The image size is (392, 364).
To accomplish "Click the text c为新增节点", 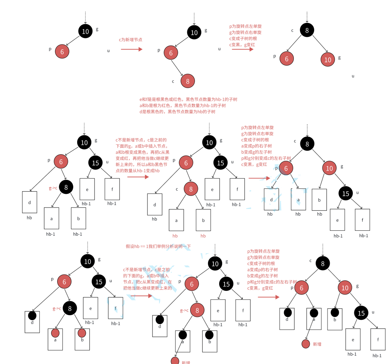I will pos(130,39).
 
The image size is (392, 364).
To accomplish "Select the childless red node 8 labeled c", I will pos(188,81).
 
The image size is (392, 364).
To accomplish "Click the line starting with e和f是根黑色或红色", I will pos(188,99).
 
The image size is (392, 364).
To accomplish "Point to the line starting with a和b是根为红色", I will pos(182,105).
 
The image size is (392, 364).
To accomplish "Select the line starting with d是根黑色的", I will pos(177,112).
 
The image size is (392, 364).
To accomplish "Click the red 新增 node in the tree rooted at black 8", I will pos(306,344).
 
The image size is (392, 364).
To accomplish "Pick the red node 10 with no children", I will pos(328,59).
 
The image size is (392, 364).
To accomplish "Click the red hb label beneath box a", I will pos(175,236).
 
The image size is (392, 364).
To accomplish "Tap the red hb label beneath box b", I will pos(203,236).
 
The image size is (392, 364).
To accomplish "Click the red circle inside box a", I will pos(55,333).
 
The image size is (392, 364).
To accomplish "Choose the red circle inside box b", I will pos(82,333).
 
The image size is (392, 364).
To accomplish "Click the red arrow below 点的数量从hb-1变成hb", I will pos(138,177).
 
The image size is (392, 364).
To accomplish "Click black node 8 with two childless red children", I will pos(307,30).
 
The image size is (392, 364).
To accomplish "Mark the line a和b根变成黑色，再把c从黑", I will pos(142,152).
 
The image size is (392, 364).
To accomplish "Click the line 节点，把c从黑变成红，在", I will pos(147,282).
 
